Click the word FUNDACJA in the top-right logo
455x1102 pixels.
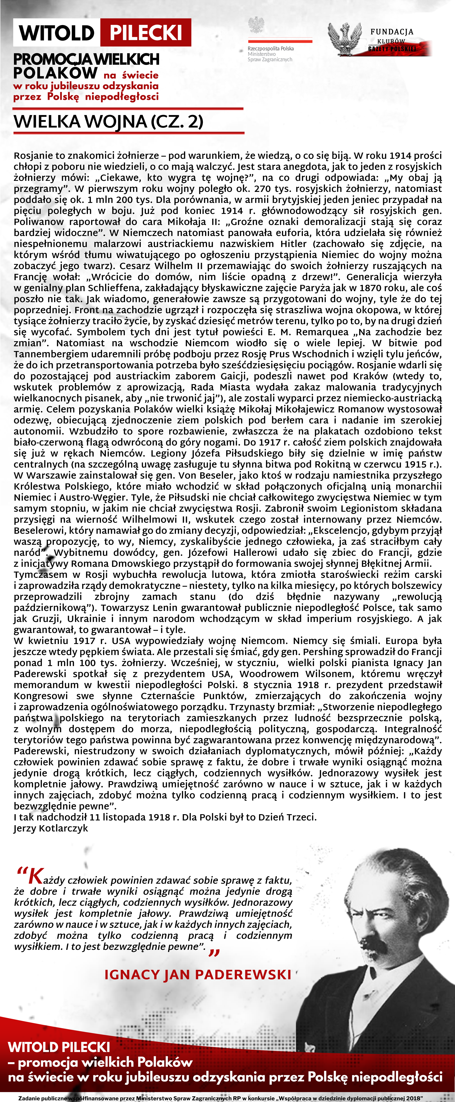392,32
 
